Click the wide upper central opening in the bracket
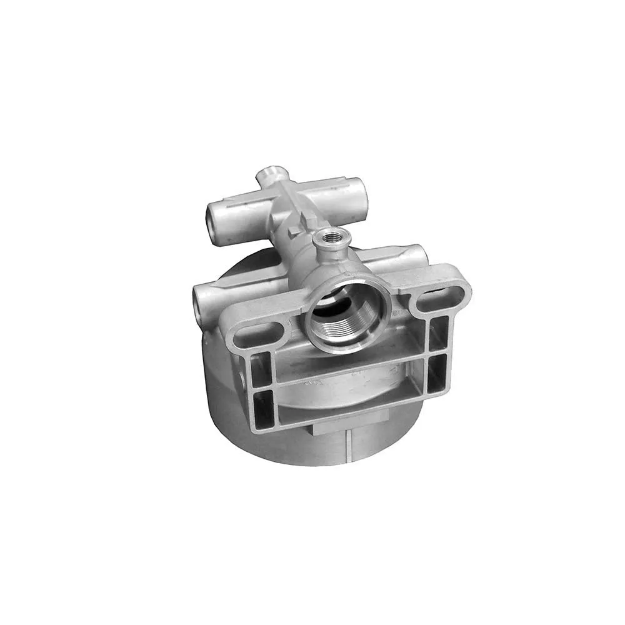tap(350, 366)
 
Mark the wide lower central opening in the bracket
tap(350, 400)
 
